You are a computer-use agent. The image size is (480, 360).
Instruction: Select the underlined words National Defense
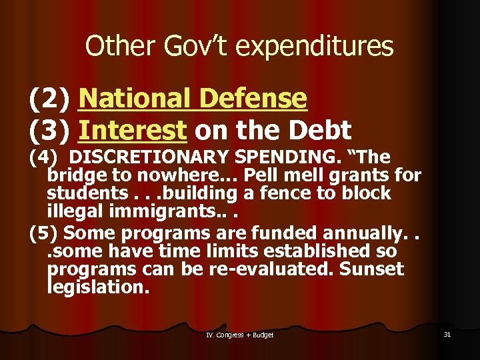[x=193, y=99]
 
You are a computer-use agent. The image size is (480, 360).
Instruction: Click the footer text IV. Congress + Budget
[x=239, y=335]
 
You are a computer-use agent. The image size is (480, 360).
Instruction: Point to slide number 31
[x=447, y=334]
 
